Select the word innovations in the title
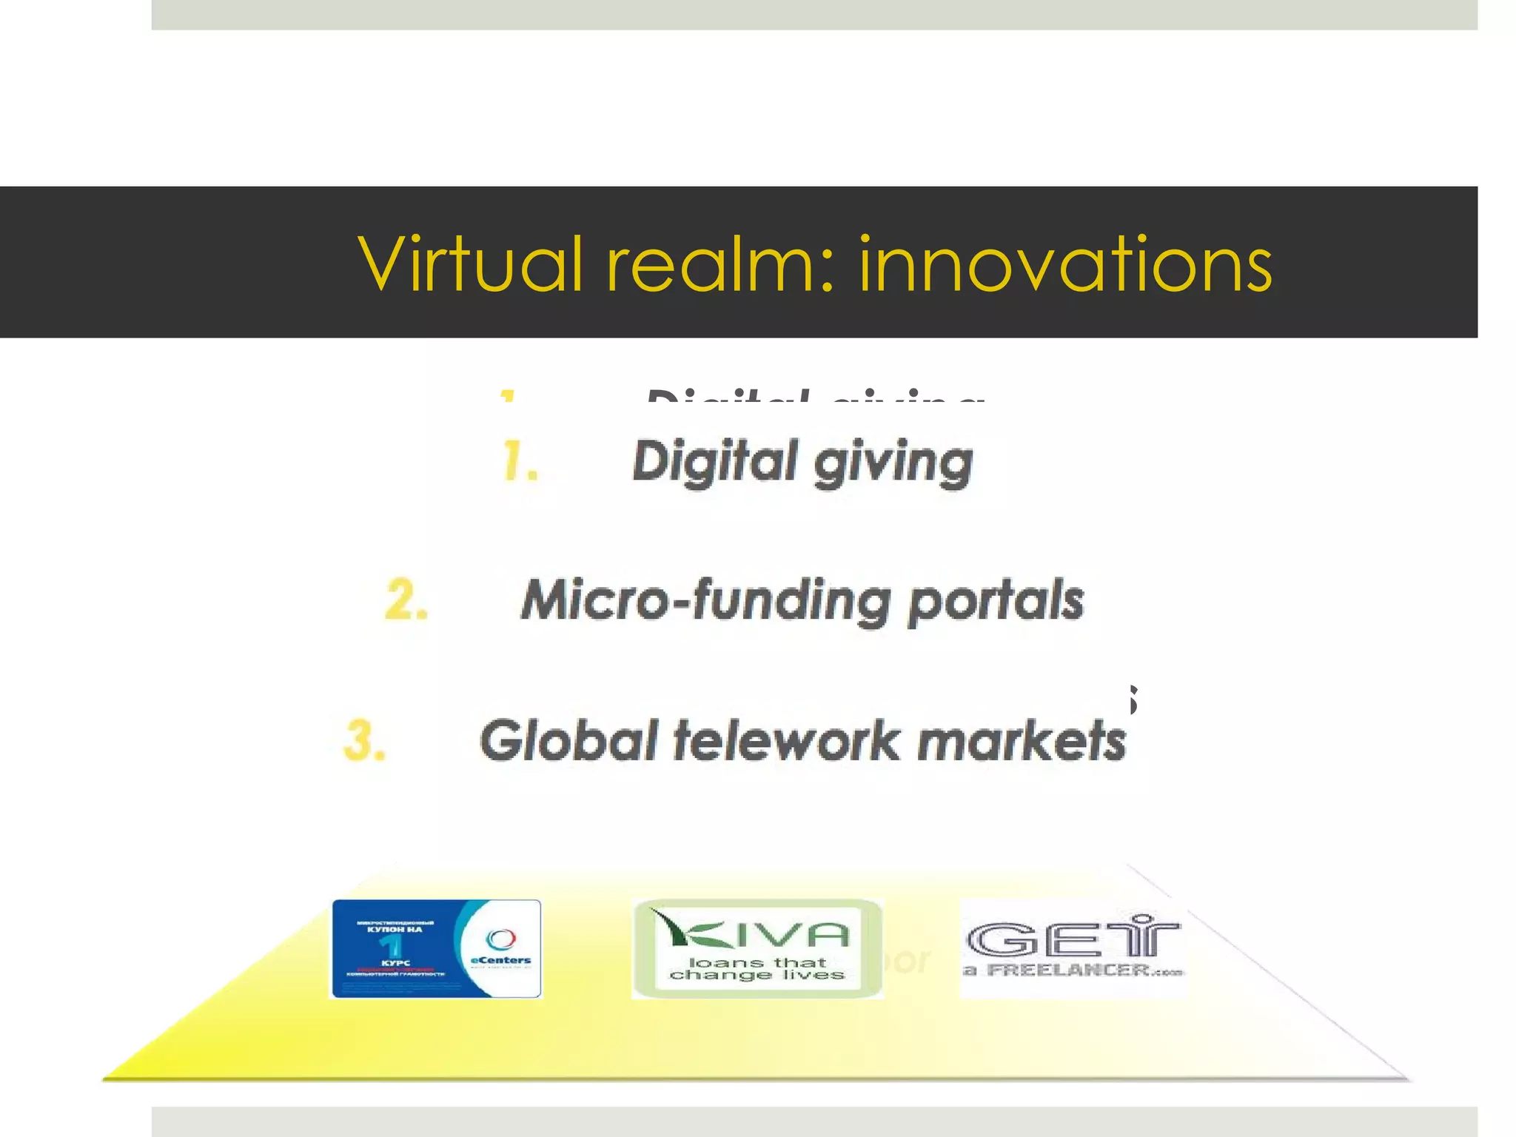tap(1065, 264)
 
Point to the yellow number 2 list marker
tap(406, 600)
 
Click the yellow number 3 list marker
tap(365, 740)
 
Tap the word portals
tap(996, 601)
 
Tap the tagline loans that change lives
tap(757, 968)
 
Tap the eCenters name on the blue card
tap(501, 961)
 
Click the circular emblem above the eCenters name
tap(501, 939)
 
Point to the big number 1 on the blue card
tap(392, 945)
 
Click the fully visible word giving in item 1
tap(893, 463)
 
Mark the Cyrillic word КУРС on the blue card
tap(395, 963)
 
